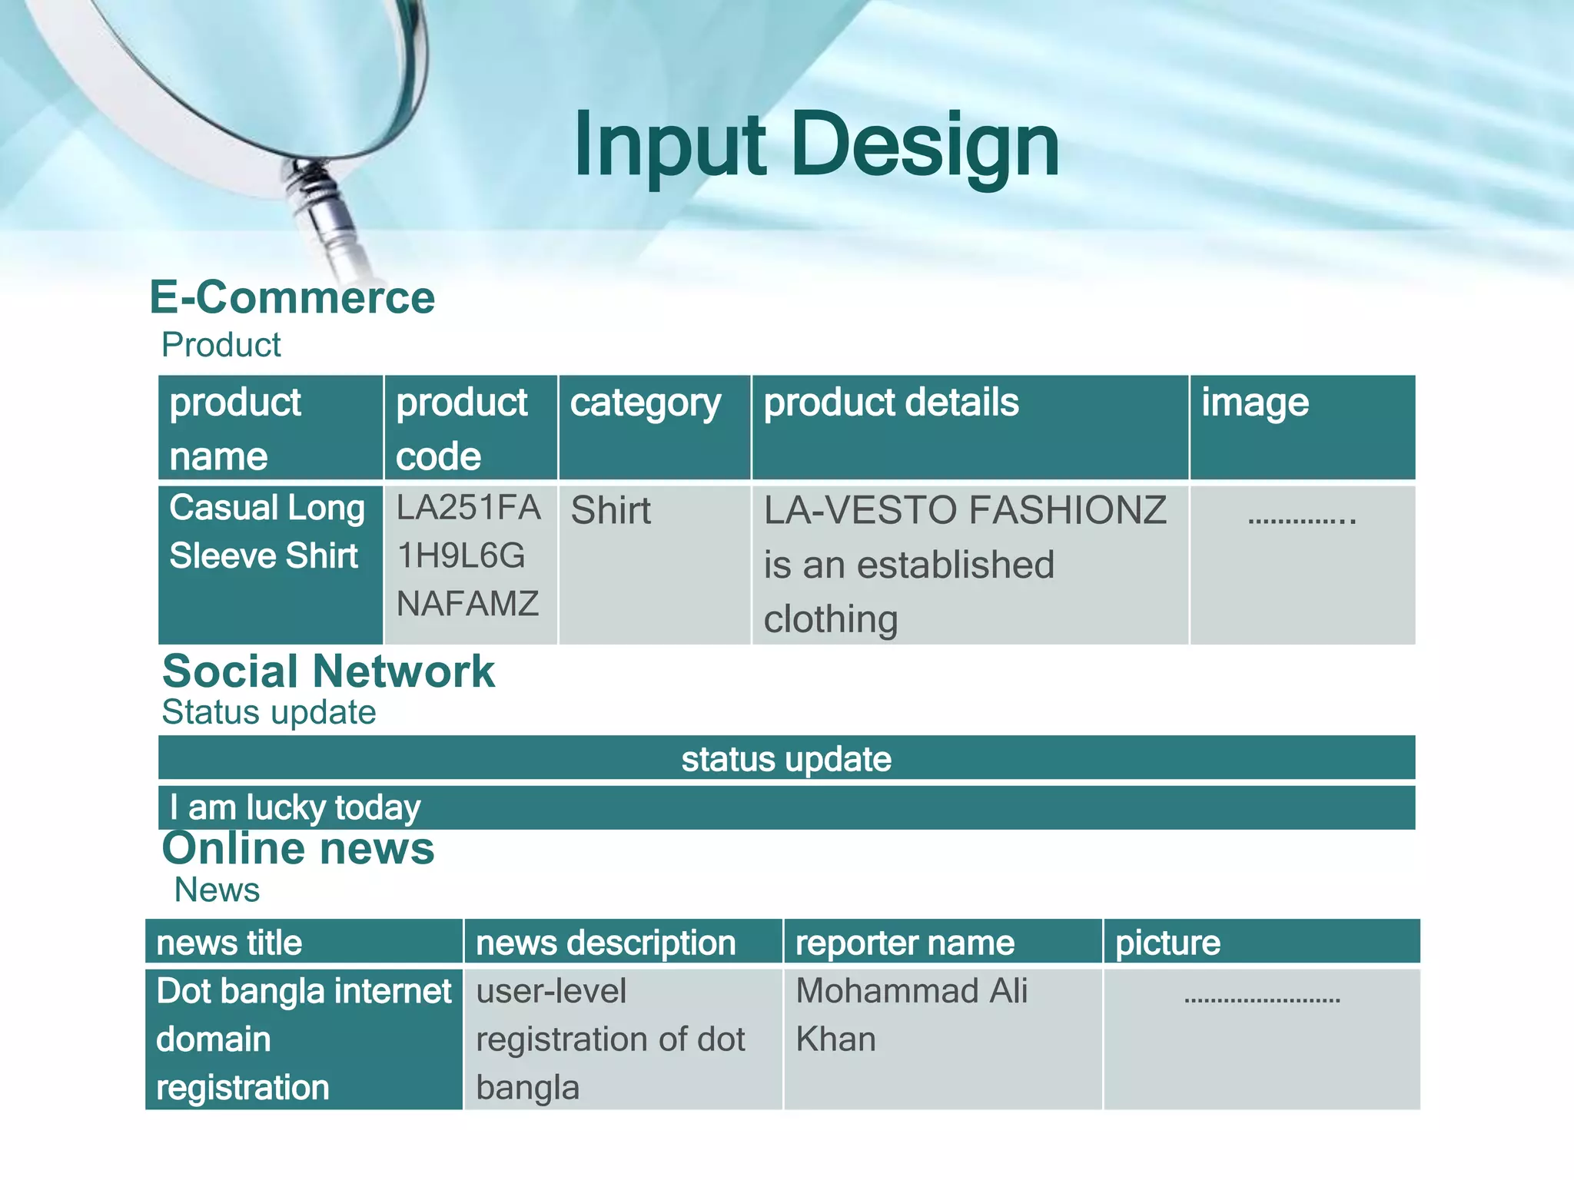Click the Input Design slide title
click(x=816, y=146)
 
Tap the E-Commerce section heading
click(x=292, y=297)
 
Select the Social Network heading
click(x=328, y=671)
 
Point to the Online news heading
click(x=298, y=848)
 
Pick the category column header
click(x=646, y=403)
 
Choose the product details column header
click(x=891, y=403)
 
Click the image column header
click(x=1254, y=403)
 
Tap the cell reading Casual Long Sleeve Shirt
click(x=267, y=532)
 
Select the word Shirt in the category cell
click(x=610, y=511)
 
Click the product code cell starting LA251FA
click(x=468, y=555)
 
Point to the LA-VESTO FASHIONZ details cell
click(x=965, y=565)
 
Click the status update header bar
click(x=786, y=759)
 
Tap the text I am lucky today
click(x=295, y=807)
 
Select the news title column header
click(x=229, y=943)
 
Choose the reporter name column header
click(x=905, y=943)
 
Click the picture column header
click(x=1167, y=943)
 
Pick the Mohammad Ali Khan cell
click(x=912, y=1014)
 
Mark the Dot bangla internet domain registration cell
click(x=303, y=1039)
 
